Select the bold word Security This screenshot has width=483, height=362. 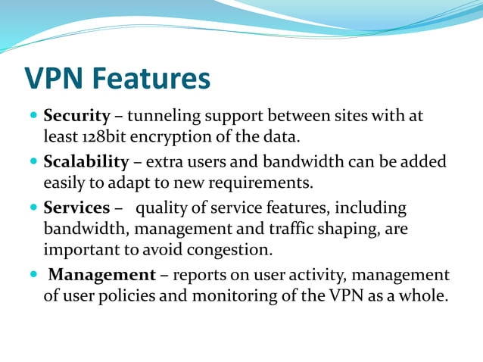[x=77, y=117]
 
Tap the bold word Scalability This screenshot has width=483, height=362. [x=86, y=162]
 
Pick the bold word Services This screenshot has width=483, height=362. [x=76, y=208]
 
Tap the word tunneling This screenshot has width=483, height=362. [x=162, y=117]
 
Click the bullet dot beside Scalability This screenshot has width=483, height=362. [x=33, y=163]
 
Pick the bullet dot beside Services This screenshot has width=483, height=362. [x=33, y=208]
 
